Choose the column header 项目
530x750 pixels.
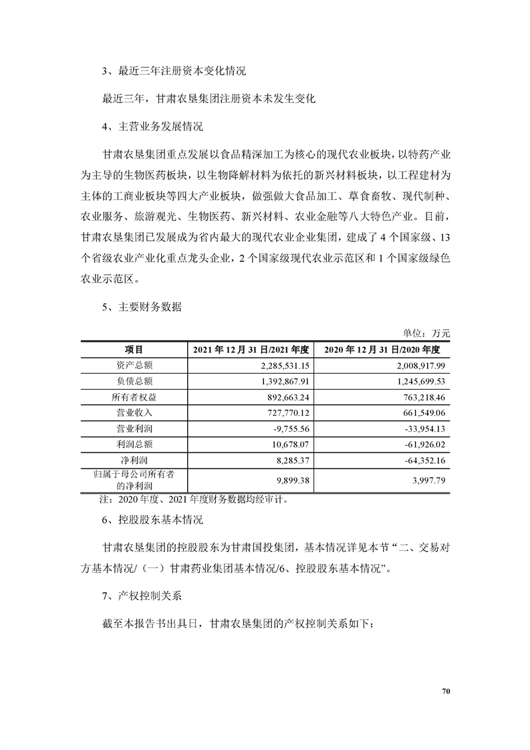point(134,350)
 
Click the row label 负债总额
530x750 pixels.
point(134,381)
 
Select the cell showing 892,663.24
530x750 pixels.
point(286,397)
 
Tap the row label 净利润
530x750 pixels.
point(134,461)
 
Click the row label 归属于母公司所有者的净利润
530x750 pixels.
point(134,480)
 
